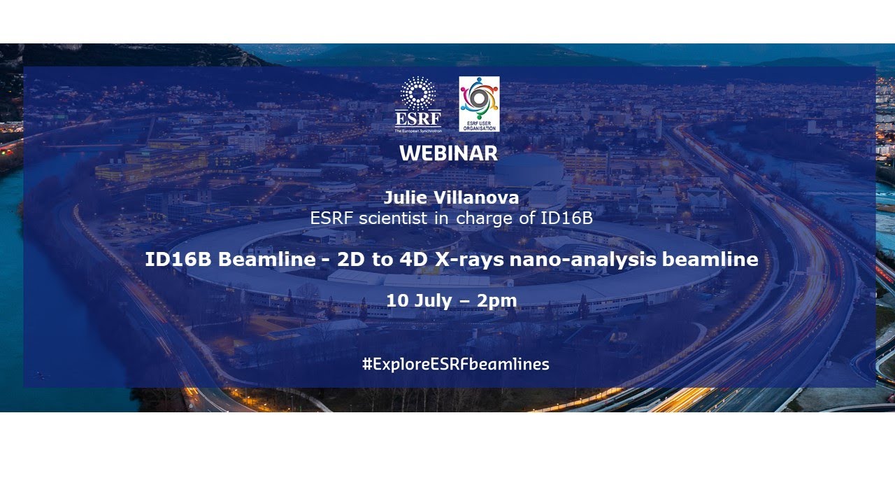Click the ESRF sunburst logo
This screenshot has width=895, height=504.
point(418,98)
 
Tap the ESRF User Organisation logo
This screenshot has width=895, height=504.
point(479,104)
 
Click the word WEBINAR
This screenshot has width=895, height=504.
point(448,153)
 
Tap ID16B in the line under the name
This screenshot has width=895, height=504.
point(566,218)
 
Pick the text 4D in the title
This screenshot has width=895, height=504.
point(401,259)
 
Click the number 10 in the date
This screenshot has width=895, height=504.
point(396,300)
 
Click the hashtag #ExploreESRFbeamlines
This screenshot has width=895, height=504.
point(455,364)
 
